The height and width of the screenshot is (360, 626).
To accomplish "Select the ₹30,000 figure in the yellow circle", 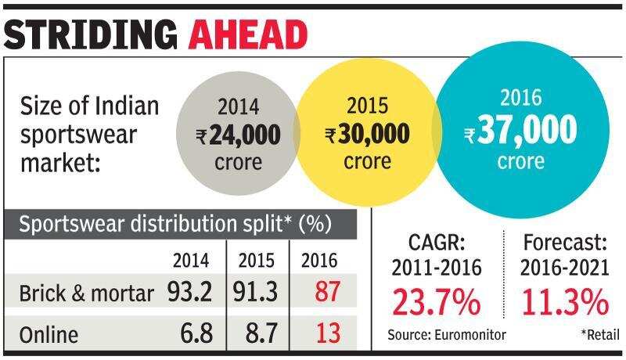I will click(367, 135).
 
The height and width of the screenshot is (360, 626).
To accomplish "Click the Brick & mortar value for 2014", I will click(190, 293).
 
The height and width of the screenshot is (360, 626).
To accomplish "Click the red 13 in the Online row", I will click(324, 334).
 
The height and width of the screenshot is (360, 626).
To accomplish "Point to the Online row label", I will click(49, 335).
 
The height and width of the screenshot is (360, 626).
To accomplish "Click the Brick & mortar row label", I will click(86, 293).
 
